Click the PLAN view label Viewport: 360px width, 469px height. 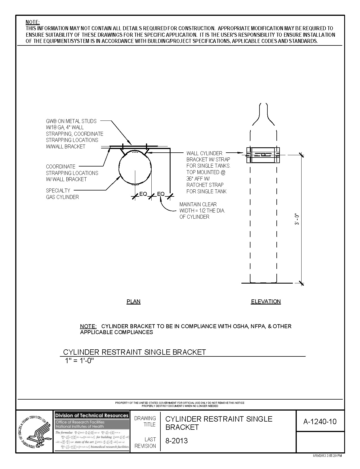(x=133, y=301)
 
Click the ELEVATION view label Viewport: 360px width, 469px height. (x=266, y=301)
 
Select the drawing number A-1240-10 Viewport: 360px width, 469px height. (x=320, y=422)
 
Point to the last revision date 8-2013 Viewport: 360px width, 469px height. (x=176, y=441)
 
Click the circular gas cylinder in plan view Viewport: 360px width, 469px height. (x=135, y=167)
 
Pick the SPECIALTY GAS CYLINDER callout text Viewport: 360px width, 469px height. (x=62, y=194)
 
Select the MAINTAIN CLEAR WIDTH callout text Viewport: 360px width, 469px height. (x=202, y=211)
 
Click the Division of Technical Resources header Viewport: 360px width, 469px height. (x=91, y=415)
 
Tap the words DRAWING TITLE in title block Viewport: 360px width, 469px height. (x=145, y=421)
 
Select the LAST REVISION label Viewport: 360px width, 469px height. (x=145, y=442)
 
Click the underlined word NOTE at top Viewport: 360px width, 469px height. (x=33, y=22)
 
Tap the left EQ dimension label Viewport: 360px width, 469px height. (x=143, y=194)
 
